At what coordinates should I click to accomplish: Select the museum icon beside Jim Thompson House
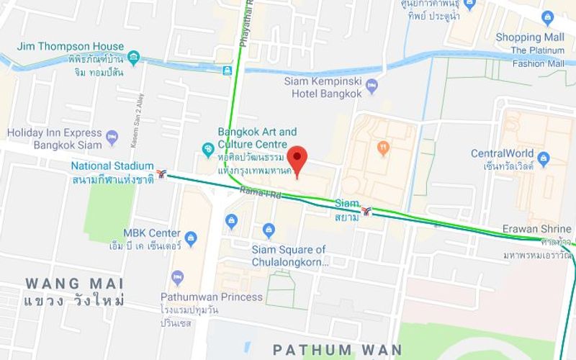coord(133,57)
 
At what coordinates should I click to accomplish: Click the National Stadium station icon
coord(162,174)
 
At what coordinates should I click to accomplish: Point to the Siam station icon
coord(367,211)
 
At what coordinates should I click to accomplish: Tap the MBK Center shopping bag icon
coord(190,238)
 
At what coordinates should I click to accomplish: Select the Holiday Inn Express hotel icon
coord(112,137)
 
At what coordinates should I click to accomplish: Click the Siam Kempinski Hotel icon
coord(372,87)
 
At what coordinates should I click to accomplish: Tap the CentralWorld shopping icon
coord(543,158)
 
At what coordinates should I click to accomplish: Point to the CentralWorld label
coord(502,153)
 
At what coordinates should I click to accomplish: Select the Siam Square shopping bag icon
coord(269,230)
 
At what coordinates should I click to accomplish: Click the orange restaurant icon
coord(384,148)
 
